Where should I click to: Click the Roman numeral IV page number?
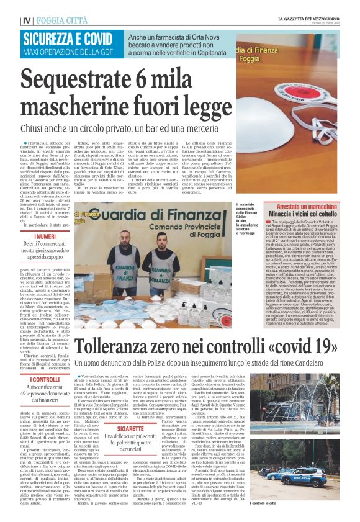tap(26, 20)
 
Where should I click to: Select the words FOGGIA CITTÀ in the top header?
tap(63, 20)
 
